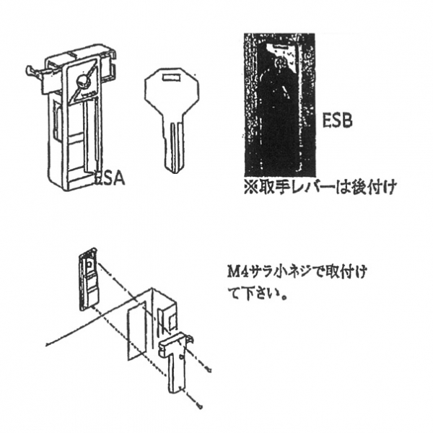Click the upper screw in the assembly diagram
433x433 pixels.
[209, 370]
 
